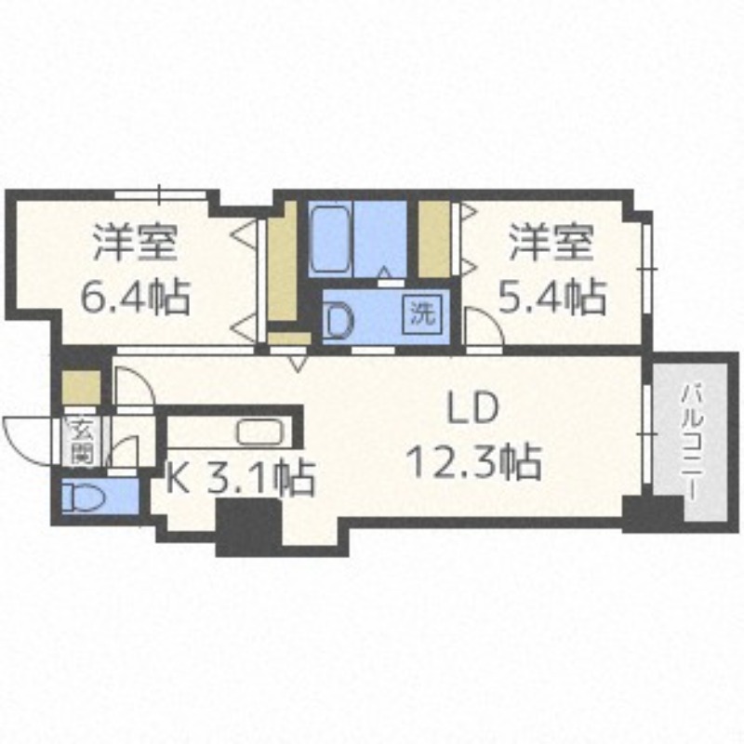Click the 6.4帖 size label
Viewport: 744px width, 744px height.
pyautogui.click(x=135, y=299)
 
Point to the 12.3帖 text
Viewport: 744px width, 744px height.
pyautogui.click(x=474, y=459)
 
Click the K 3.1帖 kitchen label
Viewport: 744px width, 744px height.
pyautogui.click(x=240, y=480)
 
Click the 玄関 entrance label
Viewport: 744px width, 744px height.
pyautogui.click(x=79, y=442)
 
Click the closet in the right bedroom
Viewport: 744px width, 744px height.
pyautogui.click(x=433, y=239)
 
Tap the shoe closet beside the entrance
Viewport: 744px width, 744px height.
pyautogui.click(x=81, y=385)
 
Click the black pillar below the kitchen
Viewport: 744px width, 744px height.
pyautogui.click(x=247, y=527)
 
